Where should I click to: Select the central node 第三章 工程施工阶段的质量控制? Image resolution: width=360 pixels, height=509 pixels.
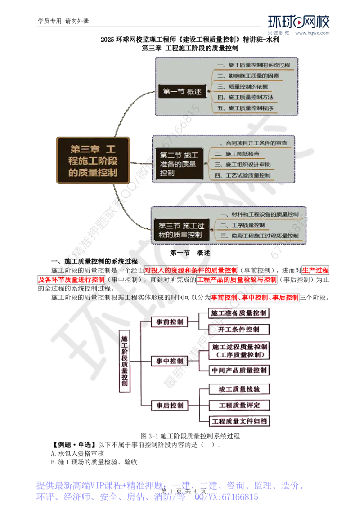point(93,160)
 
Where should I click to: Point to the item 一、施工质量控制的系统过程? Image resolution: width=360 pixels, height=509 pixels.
point(256,65)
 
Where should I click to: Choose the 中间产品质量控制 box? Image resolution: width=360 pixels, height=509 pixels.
point(239,371)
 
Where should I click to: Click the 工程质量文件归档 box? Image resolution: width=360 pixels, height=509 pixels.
point(239,421)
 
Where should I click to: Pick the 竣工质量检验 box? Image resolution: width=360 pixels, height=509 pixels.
point(239,388)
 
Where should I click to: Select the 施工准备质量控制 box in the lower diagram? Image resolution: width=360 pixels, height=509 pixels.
point(239,313)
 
